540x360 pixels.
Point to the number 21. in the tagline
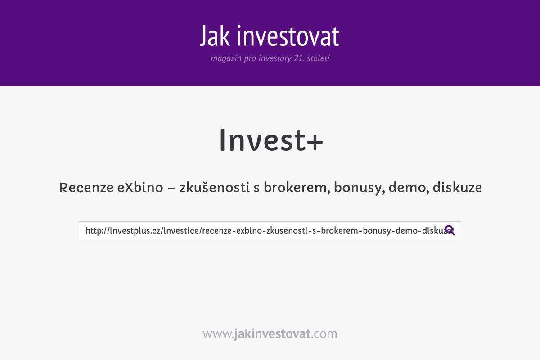(x=298, y=58)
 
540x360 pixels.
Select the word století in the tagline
(x=318, y=58)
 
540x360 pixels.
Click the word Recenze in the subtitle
(x=85, y=188)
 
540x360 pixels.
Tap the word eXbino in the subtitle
(x=140, y=188)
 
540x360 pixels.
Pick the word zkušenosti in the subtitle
(x=214, y=188)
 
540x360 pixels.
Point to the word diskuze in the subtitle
(x=457, y=188)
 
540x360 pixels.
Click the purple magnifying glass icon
(x=450, y=230)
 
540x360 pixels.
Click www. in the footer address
(x=218, y=334)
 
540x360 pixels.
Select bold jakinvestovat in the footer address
(x=272, y=334)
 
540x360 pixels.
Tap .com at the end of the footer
(x=324, y=334)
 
